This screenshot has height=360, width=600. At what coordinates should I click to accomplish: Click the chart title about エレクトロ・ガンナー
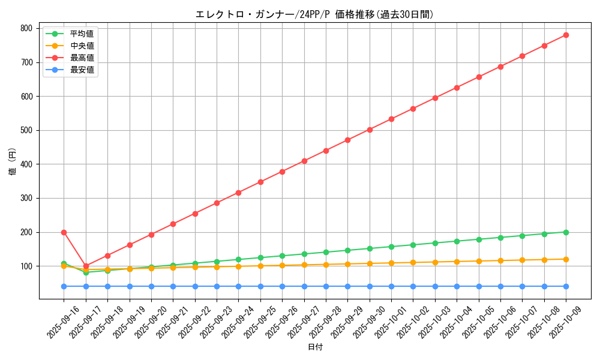[x=314, y=14]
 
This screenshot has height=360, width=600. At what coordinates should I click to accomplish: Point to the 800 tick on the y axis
[x=26, y=28]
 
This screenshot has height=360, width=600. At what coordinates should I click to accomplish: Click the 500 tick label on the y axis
[x=26, y=130]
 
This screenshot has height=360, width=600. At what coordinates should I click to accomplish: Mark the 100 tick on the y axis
[x=26, y=266]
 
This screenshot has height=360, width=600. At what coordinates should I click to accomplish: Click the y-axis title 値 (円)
[x=13, y=163]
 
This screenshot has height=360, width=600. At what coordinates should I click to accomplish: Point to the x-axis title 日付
[x=315, y=347]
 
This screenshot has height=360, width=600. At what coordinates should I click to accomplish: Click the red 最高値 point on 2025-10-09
[x=566, y=35]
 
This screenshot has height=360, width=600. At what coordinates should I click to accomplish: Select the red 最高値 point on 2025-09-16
[x=64, y=232]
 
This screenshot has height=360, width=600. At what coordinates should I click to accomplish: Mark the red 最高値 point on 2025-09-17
[x=86, y=266]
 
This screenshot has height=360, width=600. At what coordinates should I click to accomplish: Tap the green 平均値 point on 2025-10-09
[x=566, y=232]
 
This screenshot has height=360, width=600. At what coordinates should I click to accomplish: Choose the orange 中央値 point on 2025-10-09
[x=566, y=259]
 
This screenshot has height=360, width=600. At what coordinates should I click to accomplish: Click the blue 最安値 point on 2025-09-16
[x=64, y=286]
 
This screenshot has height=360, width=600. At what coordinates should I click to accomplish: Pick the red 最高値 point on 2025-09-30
[x=370, y=130]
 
